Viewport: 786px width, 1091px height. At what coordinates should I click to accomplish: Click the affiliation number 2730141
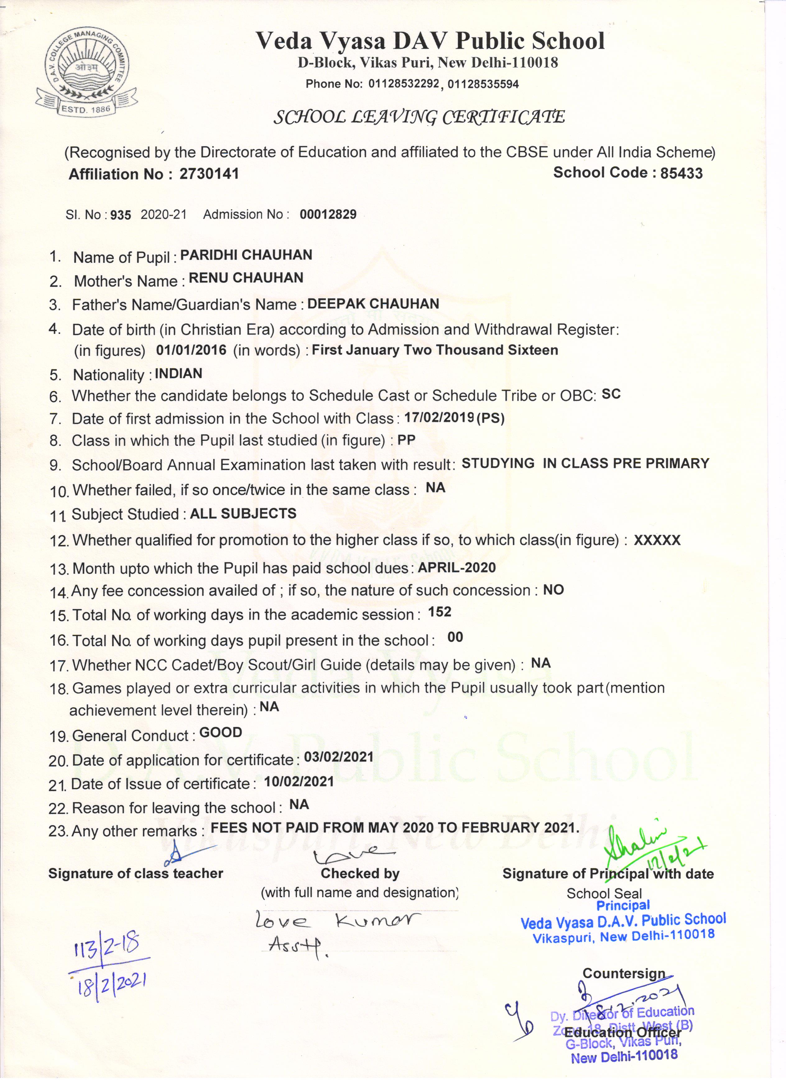209,174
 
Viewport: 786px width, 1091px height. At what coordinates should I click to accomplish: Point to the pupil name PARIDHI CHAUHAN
246,255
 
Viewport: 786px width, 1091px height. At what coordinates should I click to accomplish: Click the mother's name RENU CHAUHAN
246,278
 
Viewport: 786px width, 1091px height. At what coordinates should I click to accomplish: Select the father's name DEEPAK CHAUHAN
373,304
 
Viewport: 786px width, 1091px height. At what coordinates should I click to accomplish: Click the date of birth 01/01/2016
191,350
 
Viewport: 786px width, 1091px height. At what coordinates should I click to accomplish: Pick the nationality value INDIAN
178,374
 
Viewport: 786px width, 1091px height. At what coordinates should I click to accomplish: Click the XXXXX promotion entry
657,540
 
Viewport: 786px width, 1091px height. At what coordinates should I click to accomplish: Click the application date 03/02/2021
339,757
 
